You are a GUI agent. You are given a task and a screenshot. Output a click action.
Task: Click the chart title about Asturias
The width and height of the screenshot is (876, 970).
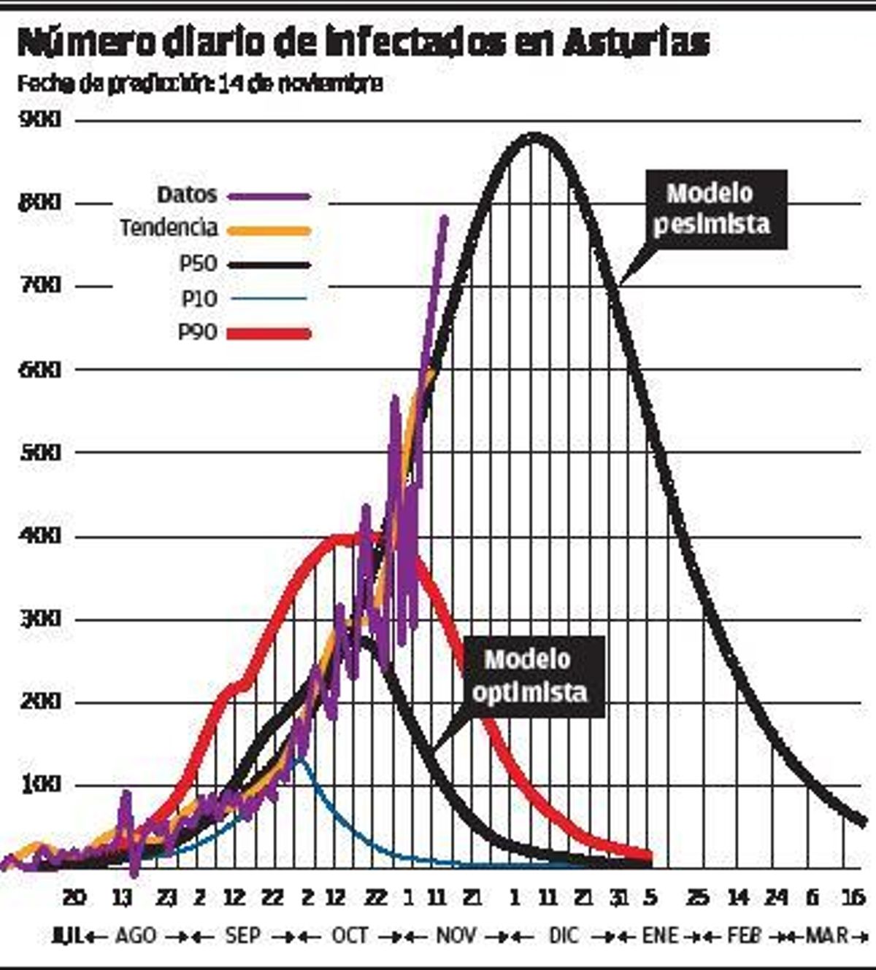click(363, 44)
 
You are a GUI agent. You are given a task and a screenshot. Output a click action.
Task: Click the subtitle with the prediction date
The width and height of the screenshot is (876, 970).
click(199, 84)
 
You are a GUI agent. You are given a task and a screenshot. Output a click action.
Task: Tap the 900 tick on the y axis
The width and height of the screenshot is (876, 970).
click(39, 120)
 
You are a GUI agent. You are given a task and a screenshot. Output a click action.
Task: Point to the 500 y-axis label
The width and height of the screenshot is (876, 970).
click(39, 453)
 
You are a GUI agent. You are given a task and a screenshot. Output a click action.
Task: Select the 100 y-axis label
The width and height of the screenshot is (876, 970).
click(39, 785)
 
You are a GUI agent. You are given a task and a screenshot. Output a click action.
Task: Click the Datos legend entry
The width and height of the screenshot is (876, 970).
click(188, 195)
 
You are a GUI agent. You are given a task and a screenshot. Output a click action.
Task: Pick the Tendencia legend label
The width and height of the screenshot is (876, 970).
click(169, 228)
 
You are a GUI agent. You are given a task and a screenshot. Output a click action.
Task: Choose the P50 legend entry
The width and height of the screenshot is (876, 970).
click(199, 263)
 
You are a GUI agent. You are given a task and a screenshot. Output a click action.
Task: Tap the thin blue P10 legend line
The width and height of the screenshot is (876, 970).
click(268, 298)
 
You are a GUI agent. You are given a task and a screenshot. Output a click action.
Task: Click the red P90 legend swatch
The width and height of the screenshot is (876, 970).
click(269, 333)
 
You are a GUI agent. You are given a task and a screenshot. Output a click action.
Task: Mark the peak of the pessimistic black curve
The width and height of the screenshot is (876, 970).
click(534, 136)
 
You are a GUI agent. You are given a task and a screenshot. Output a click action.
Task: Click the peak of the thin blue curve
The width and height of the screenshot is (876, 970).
click(299, 758)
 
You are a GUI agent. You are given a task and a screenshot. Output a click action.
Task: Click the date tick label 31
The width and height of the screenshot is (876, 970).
click(618, 897)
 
